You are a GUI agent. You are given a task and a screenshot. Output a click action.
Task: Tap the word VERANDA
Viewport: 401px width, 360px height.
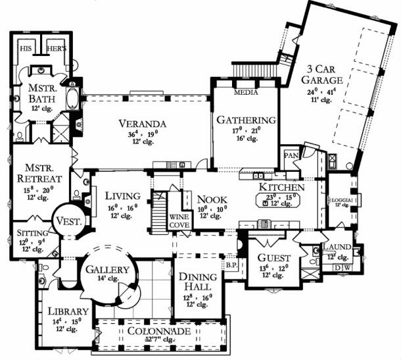point(142,124)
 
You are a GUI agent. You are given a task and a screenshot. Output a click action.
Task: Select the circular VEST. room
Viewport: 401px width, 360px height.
point(68,222)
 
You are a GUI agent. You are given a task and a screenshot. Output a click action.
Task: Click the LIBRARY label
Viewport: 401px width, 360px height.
point(64,311)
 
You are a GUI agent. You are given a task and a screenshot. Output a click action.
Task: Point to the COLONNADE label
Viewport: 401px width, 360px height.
point(160,330)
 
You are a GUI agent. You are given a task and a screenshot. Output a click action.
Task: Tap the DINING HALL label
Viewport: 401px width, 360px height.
point(195,282)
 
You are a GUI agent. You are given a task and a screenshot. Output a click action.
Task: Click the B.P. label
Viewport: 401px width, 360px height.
point(231,267)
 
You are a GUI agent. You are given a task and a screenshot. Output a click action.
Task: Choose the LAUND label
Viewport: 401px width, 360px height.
point(336,247)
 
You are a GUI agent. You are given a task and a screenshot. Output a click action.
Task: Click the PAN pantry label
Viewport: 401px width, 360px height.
point(290,156)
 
